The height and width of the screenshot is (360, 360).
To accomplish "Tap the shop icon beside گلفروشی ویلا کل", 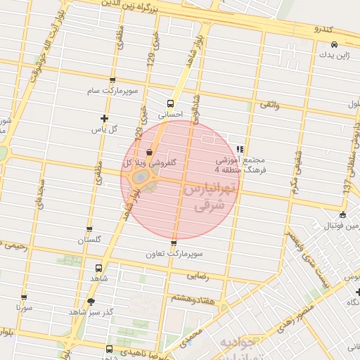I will (x=148, y=152).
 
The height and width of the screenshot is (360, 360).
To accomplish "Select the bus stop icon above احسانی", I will (x=170, y=103).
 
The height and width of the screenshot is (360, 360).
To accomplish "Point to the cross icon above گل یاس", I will (x=105, y=118).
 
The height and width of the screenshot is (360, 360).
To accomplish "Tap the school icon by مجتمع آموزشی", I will (x=240, y=148).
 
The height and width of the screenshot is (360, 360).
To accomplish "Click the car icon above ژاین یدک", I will (x=333, y=44).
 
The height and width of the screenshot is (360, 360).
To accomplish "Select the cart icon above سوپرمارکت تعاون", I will (x=174, y=243).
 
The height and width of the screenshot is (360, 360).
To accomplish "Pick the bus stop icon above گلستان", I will (x=89, y=229).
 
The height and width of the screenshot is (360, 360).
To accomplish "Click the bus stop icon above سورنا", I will (x=24, y=297).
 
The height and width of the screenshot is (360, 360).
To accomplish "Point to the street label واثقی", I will (x=270, y=104).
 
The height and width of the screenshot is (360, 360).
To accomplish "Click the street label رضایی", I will (x=198, y=276).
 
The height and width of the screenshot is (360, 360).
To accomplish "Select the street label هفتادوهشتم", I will (x=192, y=297).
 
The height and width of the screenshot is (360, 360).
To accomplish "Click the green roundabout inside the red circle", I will (x=140, y=176).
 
